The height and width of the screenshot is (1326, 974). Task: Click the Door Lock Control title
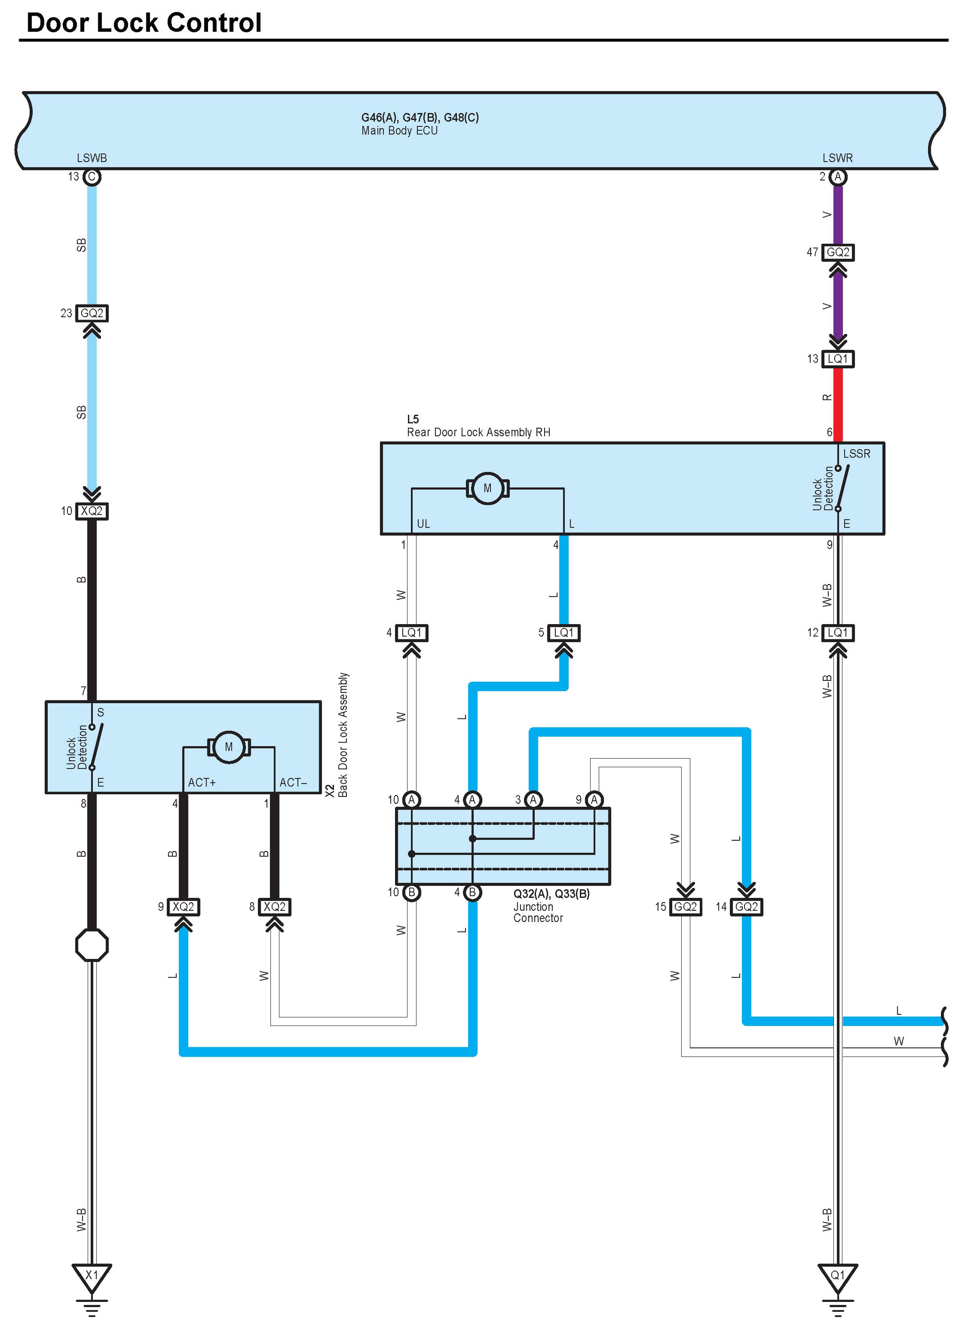coord(144,23)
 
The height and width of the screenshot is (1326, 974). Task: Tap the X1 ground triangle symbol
coord(92,1276)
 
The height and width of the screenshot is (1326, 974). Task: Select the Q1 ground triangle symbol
coord(838,1276)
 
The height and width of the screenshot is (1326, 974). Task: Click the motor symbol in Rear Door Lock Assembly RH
coord(487,488)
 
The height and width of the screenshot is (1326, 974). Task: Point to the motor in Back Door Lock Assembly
coord(229,747)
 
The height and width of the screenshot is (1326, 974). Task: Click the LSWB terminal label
coord(92,158)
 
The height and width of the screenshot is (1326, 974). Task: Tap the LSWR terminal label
coord(838,158)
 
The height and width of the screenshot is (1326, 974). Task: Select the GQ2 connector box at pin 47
coord(838,252)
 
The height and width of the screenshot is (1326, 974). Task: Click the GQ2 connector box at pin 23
coord(92,313)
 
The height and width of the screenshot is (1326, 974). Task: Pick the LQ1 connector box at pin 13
coord(838,359)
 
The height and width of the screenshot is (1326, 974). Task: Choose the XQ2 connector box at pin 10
coord(92,511)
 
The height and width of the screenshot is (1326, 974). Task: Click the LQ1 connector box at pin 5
coord(564,633)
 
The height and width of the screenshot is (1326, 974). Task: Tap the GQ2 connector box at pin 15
coord(686,907)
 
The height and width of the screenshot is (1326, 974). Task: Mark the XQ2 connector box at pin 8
coord(275,907)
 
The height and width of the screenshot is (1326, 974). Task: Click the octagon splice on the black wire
coord(92,946)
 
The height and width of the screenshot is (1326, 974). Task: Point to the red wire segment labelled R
coord(838,405)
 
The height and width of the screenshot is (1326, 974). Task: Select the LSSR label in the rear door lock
coord(857,454)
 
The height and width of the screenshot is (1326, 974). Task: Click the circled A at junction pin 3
coord(533,800)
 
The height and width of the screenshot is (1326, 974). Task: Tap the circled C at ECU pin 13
coord(92,177)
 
